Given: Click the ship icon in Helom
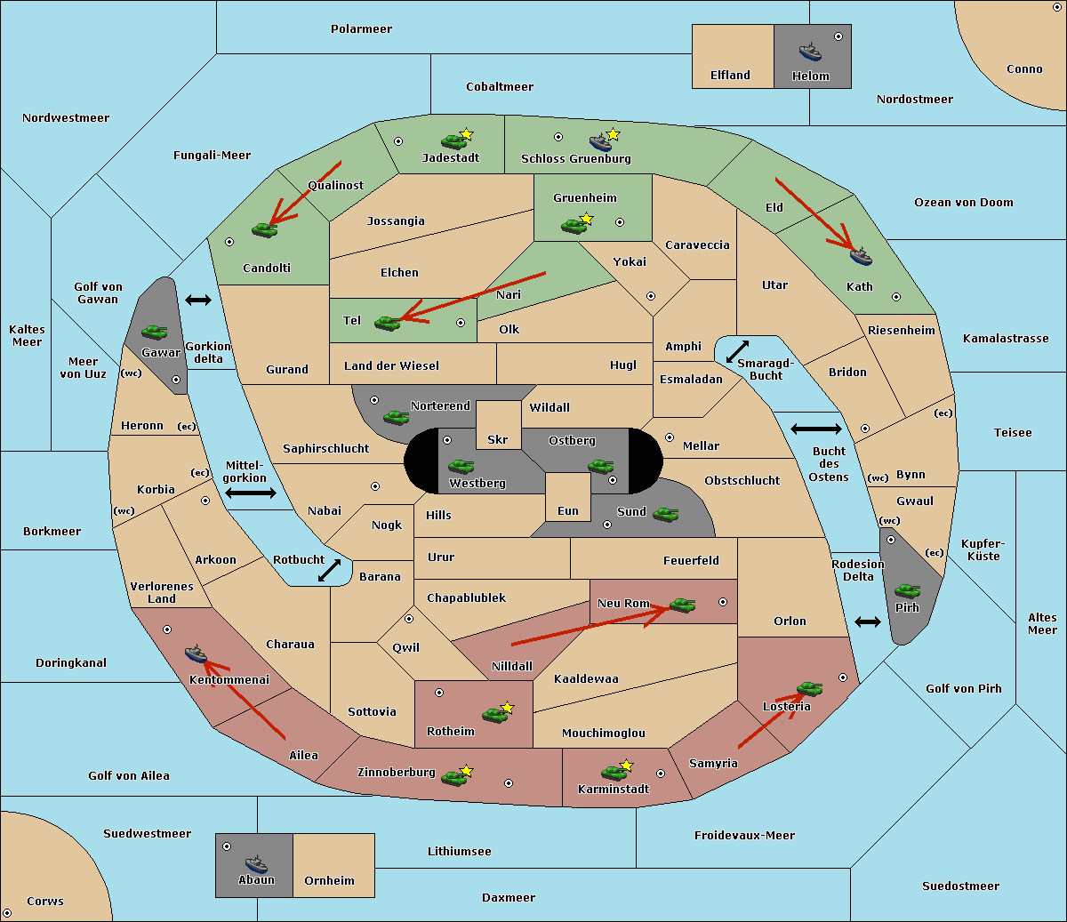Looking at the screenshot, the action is tap(810, 52).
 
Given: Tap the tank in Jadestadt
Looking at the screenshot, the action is tap(453, 141).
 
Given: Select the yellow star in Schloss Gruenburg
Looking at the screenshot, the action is tap(613, 135).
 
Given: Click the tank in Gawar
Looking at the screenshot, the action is tap(154, 332).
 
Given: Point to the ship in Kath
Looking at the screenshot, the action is tap(861, 256).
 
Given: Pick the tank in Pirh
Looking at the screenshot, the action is tap(907, 590).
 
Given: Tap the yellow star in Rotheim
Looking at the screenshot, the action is tap(508, 707).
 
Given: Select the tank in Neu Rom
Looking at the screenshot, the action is tap(682, 605).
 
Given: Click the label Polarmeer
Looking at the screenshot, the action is tap(361, 29).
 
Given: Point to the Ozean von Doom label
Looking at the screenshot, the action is tap(964, 203).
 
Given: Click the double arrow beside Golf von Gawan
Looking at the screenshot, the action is tap(198, 300).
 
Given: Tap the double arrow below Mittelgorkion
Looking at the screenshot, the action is tap(251, 493).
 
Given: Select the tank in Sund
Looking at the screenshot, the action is tap(665, 514).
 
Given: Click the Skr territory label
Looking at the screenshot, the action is tap(498, 439).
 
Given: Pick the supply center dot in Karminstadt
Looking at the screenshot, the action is tap(661, 774).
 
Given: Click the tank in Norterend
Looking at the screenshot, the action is tap(396, 417).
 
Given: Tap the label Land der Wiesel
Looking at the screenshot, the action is tap(391, 366).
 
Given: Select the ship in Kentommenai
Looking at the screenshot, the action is tap(196, 653).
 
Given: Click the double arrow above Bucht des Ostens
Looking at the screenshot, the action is tap(816, 429).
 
